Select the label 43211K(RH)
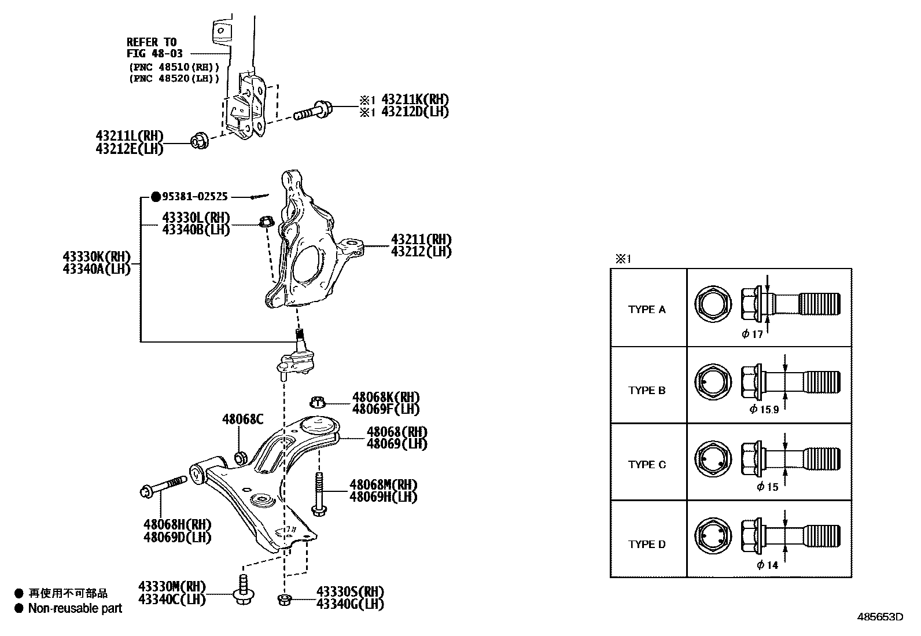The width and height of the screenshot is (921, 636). [415, 100]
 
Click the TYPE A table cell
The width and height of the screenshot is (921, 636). [647, 310]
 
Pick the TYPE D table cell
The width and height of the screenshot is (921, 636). [647, 545]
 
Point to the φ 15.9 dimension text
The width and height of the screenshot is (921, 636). [764, 409]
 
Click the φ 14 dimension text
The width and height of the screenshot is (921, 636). [767, 565]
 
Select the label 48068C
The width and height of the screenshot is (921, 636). [242, 419]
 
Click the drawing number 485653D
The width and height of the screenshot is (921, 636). [882, 617]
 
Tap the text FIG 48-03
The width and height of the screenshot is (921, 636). [154, 53]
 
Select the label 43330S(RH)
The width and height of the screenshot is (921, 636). [350, 592]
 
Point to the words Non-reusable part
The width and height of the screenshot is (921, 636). [75, 608]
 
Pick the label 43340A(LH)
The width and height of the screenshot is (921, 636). [97, 269]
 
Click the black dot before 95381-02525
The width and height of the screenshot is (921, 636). [155, 197]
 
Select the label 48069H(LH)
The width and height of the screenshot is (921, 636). [382, 497]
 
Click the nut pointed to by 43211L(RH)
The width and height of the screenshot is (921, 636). [199, 140]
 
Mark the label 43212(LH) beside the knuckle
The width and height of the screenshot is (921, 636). [421, 252]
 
